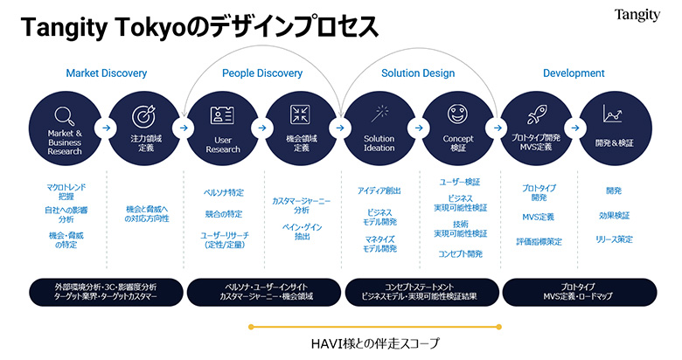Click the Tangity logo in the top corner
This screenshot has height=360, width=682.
[x=637, y=15]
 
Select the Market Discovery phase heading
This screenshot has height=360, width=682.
[x=106, y=73]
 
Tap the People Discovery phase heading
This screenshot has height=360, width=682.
[x=263, y=73]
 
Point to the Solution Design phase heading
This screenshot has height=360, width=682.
[x=418, y=73]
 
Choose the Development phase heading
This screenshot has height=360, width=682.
[x=574, y=73]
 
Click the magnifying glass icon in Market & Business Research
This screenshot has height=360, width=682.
[x=64, y=115]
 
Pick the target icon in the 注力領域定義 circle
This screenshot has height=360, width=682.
[x=143, y=115]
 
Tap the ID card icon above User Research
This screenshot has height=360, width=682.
[x=222, y=114]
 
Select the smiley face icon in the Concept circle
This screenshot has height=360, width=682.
[x=458, y=114]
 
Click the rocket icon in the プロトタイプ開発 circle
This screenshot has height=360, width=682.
[x=537, y=114]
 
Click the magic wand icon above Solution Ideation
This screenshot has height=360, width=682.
[x=379, y=114]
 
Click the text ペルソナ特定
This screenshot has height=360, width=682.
[x=223, y=192]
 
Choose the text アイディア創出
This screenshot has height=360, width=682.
[x=379, y=190]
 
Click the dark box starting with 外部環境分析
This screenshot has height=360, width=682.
[x=106, y=292]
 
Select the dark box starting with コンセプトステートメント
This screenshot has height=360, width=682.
[x=419, y=292]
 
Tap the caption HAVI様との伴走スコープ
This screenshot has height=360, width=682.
[x=376, y=343]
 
